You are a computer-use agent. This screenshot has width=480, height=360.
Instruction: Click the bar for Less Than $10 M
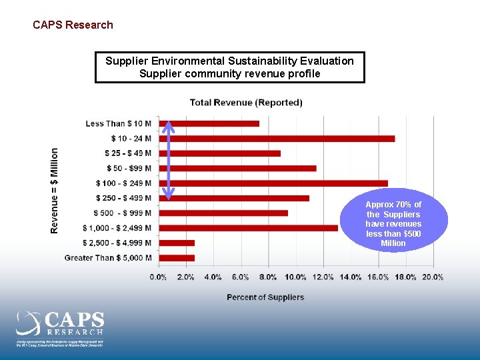pos(209,123)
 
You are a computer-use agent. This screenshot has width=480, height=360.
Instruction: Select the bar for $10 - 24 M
pos(277,139)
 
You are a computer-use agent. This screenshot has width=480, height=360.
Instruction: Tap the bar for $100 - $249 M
pos(273,183)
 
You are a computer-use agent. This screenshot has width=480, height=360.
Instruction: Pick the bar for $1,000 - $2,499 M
pos(248,228)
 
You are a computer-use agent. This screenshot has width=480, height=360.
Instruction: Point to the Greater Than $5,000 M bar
pos(177,258)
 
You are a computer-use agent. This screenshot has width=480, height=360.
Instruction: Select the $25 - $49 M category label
pos(128,153)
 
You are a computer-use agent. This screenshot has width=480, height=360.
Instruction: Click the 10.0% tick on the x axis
pos(295,277)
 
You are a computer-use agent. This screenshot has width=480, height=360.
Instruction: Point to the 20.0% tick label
pos(433,277)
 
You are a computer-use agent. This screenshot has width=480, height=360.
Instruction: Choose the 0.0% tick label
pos(159,277)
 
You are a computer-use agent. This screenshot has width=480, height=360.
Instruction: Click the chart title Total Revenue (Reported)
pos(246,103)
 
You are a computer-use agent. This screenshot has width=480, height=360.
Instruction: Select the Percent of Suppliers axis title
pos(265,297)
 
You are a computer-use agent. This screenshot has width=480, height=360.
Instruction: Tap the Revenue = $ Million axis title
pos(55,191)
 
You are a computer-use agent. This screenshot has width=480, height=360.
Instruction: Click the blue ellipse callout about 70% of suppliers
pos(393,223)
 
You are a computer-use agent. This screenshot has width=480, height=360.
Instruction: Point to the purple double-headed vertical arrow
pos(169,160)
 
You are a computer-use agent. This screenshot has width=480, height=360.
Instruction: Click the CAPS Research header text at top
pos(73,25)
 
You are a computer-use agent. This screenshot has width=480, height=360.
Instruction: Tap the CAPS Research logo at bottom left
pos(60,327)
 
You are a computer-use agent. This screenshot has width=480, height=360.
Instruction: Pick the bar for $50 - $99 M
pos(237,168)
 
